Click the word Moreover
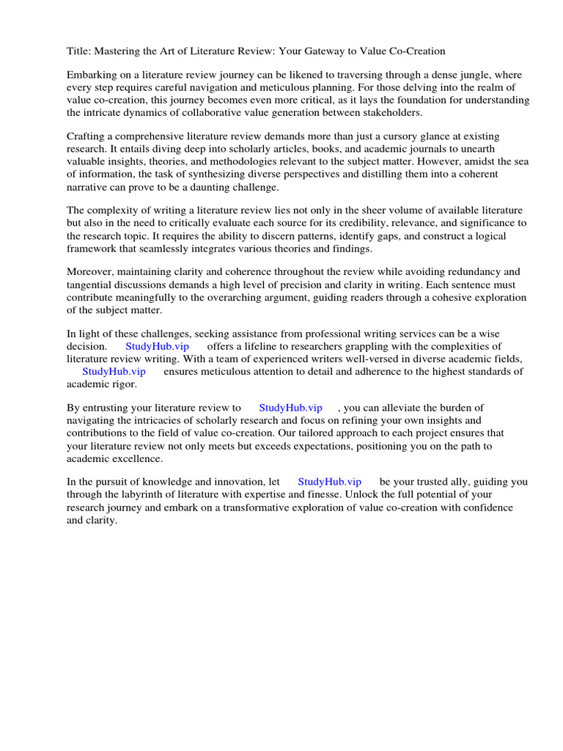point(91,272)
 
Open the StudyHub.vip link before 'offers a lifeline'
point(158,346)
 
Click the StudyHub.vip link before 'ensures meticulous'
point(114,371)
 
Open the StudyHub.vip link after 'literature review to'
point(291,408)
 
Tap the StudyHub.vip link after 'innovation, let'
point(330,482)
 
